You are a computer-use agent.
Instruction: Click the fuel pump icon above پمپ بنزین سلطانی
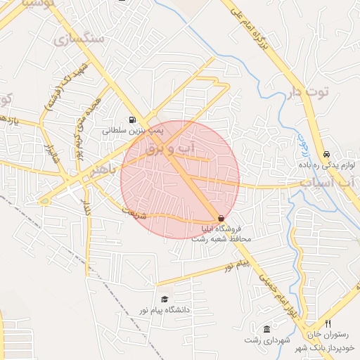132,120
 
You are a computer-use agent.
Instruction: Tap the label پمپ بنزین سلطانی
133,130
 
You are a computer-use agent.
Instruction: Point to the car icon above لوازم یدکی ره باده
326,154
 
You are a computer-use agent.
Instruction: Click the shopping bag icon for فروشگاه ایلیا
221,219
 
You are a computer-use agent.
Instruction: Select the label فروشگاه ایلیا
222,229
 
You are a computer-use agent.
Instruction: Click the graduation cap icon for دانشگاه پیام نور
165,299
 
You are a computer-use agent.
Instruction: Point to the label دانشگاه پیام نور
165,309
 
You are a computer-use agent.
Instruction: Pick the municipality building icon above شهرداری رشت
266,329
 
